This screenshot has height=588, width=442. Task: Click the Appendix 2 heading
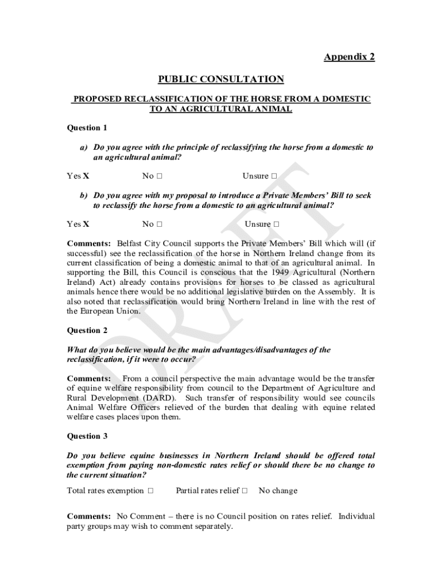pos(349,57)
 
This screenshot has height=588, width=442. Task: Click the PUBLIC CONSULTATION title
pos(221,79)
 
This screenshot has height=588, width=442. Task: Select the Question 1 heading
pos(87,127)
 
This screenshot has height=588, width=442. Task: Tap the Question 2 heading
pos(87,330)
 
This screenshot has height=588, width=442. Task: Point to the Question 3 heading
pos(87,436)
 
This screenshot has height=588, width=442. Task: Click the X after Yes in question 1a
pos(86,176)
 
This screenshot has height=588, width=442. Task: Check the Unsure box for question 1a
pos(274,176)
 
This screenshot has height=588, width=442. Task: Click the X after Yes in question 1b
pos(86,224)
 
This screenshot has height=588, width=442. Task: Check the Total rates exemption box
pos(150,491)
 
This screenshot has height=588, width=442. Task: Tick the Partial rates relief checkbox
pos(245,491)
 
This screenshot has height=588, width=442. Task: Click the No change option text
pos(278,491)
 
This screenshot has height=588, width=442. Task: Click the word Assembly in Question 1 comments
pos(338,292)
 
